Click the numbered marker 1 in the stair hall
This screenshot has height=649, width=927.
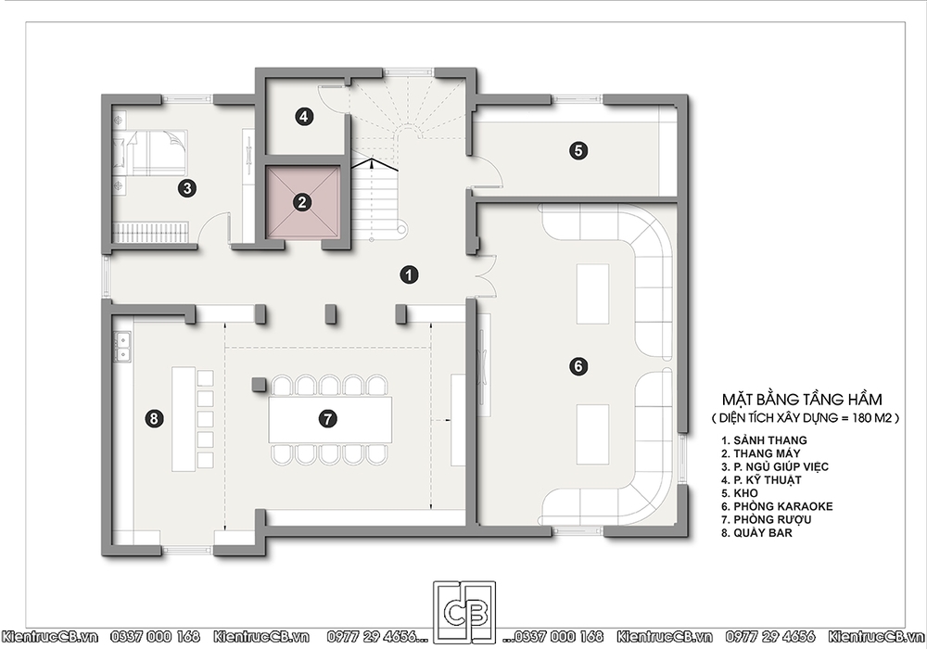pyautogui.click(x=409, y=274)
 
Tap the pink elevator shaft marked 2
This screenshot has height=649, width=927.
pyautogui.click(x=302, y=202)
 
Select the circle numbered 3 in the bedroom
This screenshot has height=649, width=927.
pyautogui.click(x=187, y=188)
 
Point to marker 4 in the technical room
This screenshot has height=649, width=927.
pyautogui.click(x=303, y=117)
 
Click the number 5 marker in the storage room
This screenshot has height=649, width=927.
pyautogui.click(x=578, y=150)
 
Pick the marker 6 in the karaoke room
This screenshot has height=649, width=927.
pyautogui.click(x=578, y=366)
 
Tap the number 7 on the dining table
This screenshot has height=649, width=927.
pyautogui.click(x=327, y=418)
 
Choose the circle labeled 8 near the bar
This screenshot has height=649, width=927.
pyautogui.click(x=154, y=418)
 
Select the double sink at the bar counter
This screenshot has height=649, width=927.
pyautogui.click(x=123, y=348)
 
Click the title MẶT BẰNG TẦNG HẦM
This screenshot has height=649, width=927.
pyautogui.click(x=802, y=400)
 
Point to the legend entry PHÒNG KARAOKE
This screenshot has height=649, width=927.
pyautogui.click(x=782, y=506)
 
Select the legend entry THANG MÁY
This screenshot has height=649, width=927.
pyautogui.click(x=767, y=453)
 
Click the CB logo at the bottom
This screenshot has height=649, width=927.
pyautogui.click(x=464, y=613)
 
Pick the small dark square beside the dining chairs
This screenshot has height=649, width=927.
pyautogui.click(x=259, y=385)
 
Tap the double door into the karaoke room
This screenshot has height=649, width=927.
pyautogui.click(x=487, y=274)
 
